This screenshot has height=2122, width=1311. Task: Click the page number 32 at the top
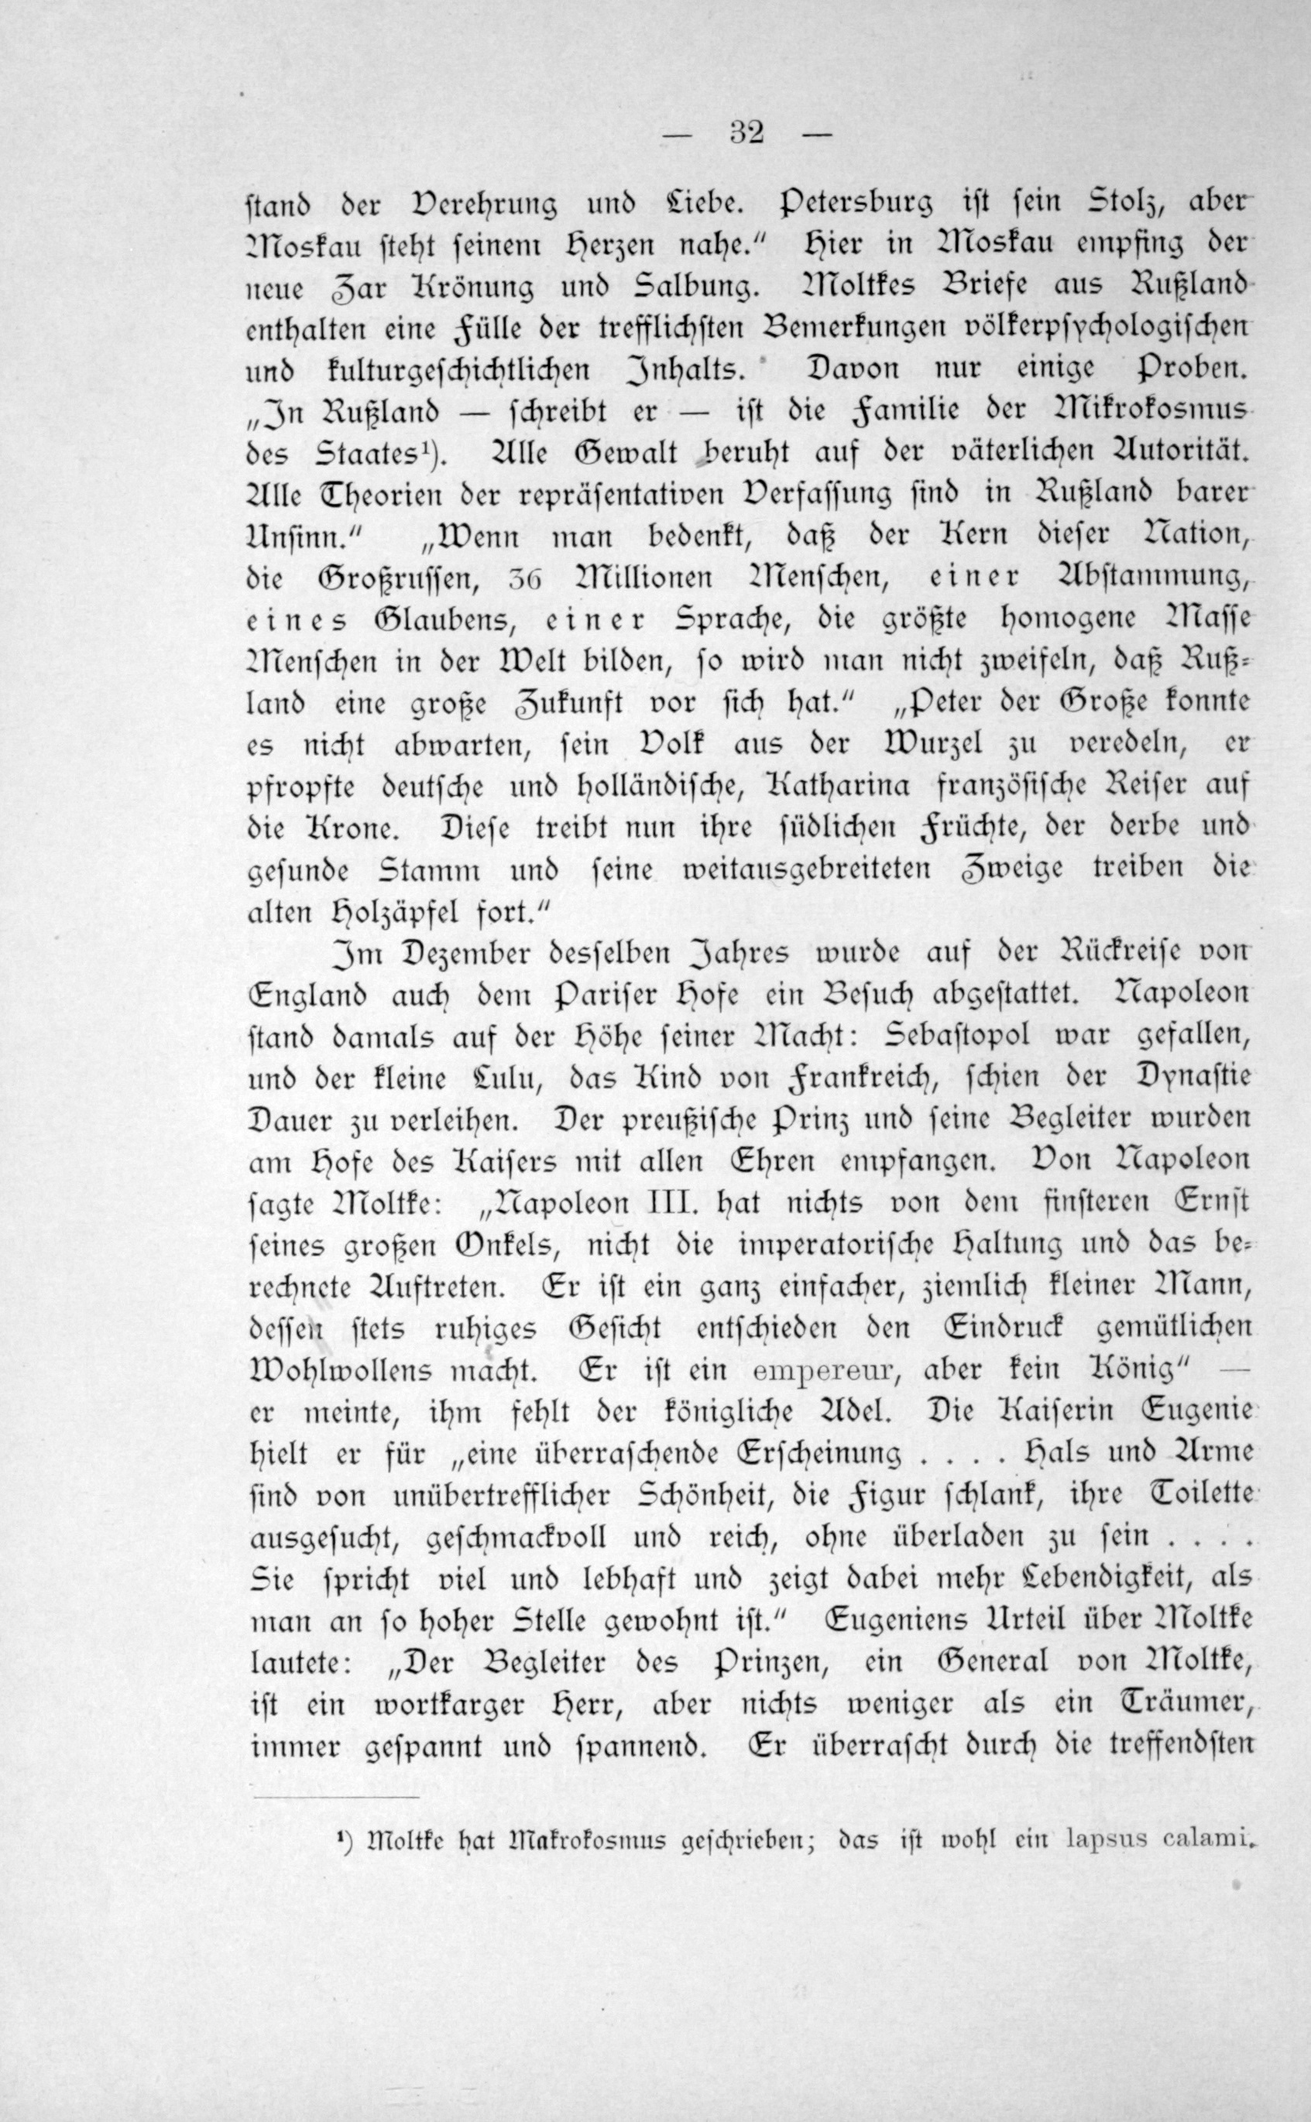click(x=746, y=135)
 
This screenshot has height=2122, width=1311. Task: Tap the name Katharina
click(x=839, y=787)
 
